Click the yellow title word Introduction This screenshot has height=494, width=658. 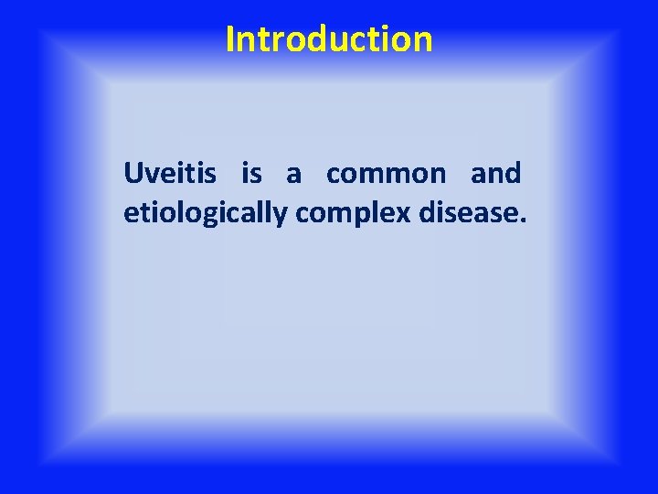[x=329, y=39]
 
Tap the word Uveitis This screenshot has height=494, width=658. [x=170, y=173]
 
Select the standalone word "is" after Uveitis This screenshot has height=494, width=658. [x=251, y=173]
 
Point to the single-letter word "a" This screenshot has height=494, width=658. [x=293, y=174]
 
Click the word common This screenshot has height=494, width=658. [x=387, y=174]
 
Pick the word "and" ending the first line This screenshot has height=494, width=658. [x=495, y=173]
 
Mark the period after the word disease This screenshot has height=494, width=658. [x=524, y=221]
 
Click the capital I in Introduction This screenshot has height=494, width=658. [x=230, y=39]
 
